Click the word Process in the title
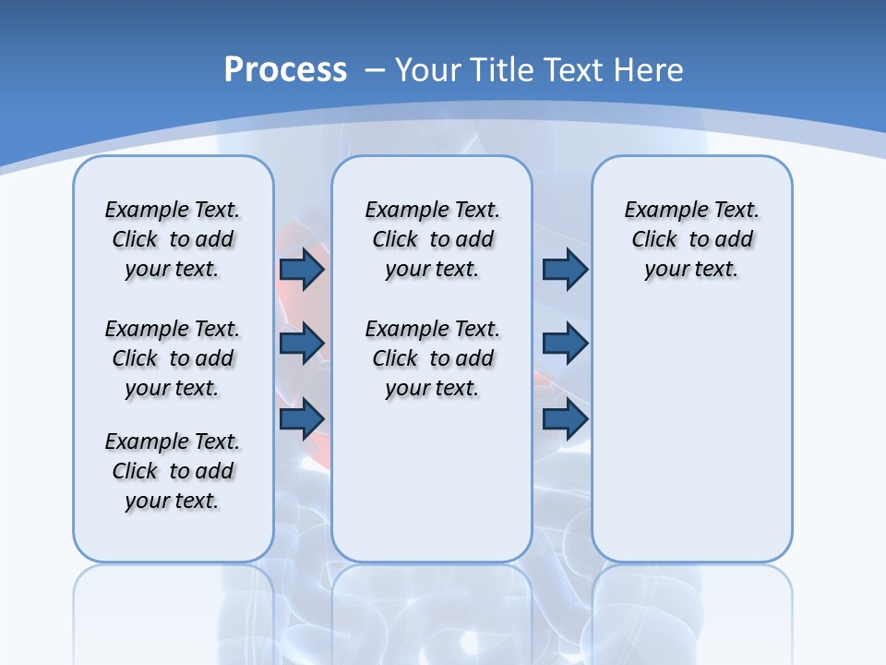click(x=285, y=69)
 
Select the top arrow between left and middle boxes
click(x=302, y=269)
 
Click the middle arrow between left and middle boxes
click(x=302, y=344)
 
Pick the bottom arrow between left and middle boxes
click(x=302, y=418)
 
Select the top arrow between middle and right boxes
click(x=565, y=269)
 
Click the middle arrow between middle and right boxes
click(x=565, y=344)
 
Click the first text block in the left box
click(x=173, y=239)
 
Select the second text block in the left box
click(x=173, y=358)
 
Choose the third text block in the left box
click(x=173, y=471)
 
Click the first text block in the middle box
click(x=432, y=239)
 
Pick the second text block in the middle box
click(x=432, y=358)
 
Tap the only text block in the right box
click(x=691, y=239)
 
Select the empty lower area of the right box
click(x=691, y=434)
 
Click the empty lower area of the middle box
click(x=432, y=480)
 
